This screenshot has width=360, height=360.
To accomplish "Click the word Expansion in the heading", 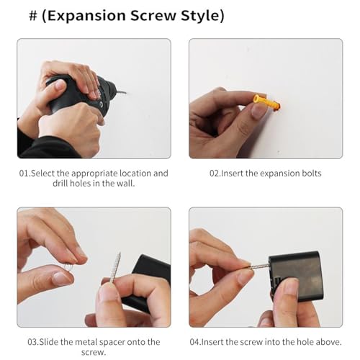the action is point(86,16).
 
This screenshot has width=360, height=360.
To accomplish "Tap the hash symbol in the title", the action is point(33,16).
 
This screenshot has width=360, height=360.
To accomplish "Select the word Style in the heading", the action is point(200,16).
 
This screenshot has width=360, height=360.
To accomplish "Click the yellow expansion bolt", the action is point(267,102).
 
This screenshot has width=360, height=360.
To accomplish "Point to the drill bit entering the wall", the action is point(122,92).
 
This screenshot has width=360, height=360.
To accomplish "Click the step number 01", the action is point(24,174).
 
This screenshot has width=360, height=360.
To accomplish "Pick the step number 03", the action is point(32,342).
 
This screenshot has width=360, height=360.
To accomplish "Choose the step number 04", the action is point(194,342).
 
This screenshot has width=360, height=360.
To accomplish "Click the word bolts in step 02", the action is point(312,174).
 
